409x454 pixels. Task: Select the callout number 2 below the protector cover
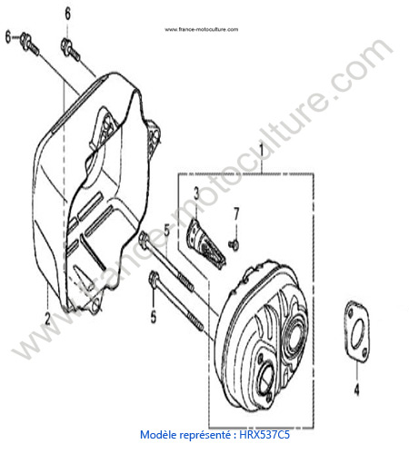[47, 319]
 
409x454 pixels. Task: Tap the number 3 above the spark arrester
[196, 193]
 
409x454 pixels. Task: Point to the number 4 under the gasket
[357, 390]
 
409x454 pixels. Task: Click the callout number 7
[236, 213]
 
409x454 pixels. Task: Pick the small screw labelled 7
[234, 244]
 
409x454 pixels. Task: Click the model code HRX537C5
[264, 435]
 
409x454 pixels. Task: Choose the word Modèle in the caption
[158, 435]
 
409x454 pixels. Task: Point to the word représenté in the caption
[206, 435]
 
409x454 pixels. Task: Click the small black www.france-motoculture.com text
[202, 29]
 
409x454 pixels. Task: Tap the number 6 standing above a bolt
[67, 14]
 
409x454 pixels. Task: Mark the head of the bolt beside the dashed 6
[24, 39]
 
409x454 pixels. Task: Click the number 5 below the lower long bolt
[154, 317]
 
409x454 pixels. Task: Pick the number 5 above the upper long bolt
[167, 230]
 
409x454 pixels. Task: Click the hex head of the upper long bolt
[144, 238]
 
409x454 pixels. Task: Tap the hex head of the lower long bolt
[154, 279]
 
